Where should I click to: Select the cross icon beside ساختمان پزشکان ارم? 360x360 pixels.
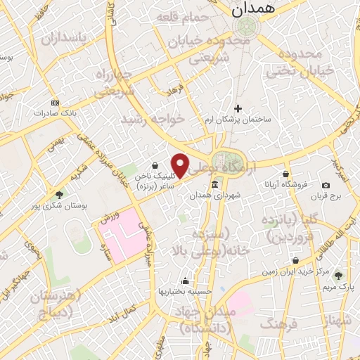(238, 108)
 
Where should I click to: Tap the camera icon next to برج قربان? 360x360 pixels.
(326, 184)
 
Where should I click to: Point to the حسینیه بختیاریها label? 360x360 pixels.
(185, 290)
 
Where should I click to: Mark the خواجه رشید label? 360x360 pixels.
(153, 119)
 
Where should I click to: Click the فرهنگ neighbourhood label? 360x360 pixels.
(279, 324)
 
